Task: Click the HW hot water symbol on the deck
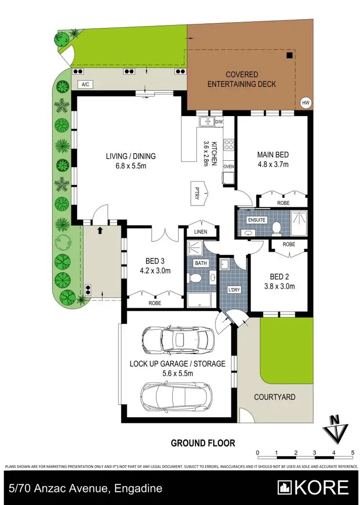[305, 102]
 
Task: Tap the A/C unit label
[86, 84]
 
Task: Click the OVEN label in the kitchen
[228, 167]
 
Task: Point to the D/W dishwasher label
[219, 122]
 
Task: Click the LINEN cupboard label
[201, 232]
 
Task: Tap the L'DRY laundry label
[234, 290]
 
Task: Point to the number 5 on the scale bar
[352, 453]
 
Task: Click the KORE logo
[314, 487]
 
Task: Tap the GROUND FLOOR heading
[203, 443]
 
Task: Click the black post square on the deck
[289, 55]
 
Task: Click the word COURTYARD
[275, 397]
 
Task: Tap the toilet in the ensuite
[276, 227]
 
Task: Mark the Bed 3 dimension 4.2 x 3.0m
[155, 270]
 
